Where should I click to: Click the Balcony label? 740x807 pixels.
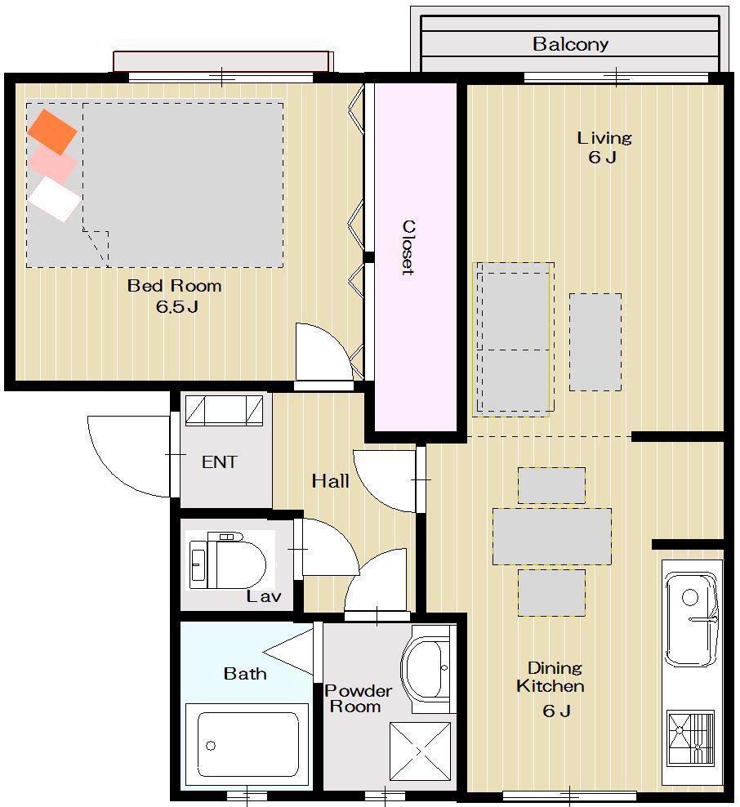(570, 44)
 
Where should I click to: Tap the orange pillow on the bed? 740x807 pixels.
(52, 132)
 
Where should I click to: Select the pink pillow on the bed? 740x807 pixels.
(52, 163)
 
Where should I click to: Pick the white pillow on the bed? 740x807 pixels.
(54, 199)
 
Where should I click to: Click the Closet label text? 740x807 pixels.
(408, 247)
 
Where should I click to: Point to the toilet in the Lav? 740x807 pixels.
(227, 561)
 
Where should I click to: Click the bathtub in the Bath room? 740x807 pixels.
(247, 745)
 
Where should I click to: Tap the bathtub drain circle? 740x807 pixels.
(211, 745)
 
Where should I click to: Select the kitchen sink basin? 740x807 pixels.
(691, 618)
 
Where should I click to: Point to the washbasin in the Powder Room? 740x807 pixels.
(426, 669)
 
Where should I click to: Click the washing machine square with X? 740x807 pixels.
(421, 752)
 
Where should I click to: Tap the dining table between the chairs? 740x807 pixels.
(552, 537)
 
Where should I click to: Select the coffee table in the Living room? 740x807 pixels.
(595, 342)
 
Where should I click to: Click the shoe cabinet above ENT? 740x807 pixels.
(225, 410)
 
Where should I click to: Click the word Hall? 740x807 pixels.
(330, 481)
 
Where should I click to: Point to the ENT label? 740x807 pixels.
(219, 462)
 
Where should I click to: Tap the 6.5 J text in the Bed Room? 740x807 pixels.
(177, 307)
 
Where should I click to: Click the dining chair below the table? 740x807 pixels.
(551, 592)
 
